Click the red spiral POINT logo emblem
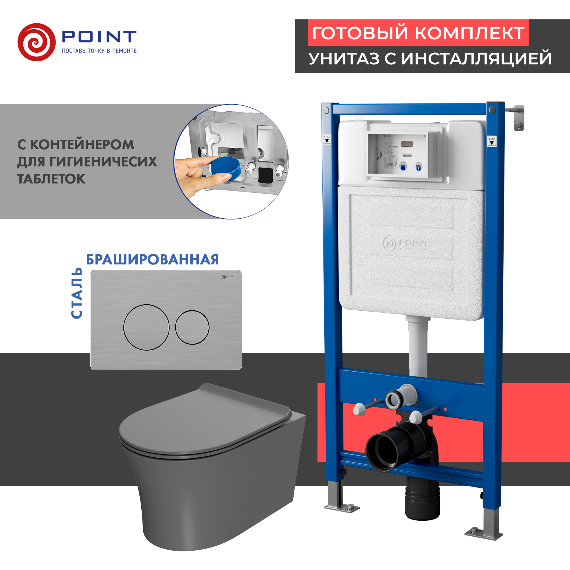coord(36,42)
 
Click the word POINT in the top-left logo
coord(99,36)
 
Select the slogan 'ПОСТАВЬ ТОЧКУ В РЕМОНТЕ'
coord(99,51)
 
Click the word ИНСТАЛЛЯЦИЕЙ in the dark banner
coord(476,58)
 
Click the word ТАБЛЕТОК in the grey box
coord(51,179)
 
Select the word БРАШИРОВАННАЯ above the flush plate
coord(152,260)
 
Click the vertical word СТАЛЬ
coord(77,293)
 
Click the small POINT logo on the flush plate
coord(228,277)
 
